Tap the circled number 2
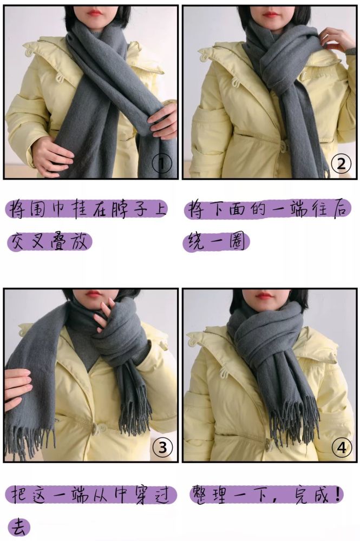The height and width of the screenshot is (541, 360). [341, 163]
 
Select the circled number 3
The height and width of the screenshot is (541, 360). [162, 447]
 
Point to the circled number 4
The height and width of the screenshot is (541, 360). [342, 447]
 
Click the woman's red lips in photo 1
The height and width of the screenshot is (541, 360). [95, 13]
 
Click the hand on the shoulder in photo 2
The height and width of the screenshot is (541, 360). [337, 39]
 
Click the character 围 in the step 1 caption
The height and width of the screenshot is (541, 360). [37, 209]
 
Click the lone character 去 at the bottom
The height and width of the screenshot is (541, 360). [19, 527]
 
